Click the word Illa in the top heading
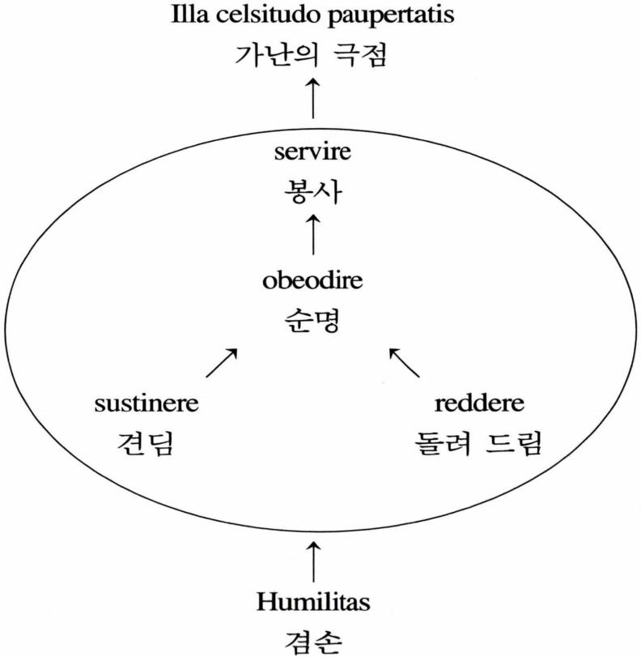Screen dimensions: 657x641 (x=189, y=15)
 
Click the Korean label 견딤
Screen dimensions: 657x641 (x=146, y=443)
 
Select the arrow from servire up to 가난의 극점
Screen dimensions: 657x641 (x=313, y=100)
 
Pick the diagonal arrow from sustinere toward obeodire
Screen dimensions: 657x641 (x=222, y=363)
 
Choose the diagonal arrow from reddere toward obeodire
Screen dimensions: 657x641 (x=405, y=363)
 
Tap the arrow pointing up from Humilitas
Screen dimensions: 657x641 (x=312, y=560)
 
